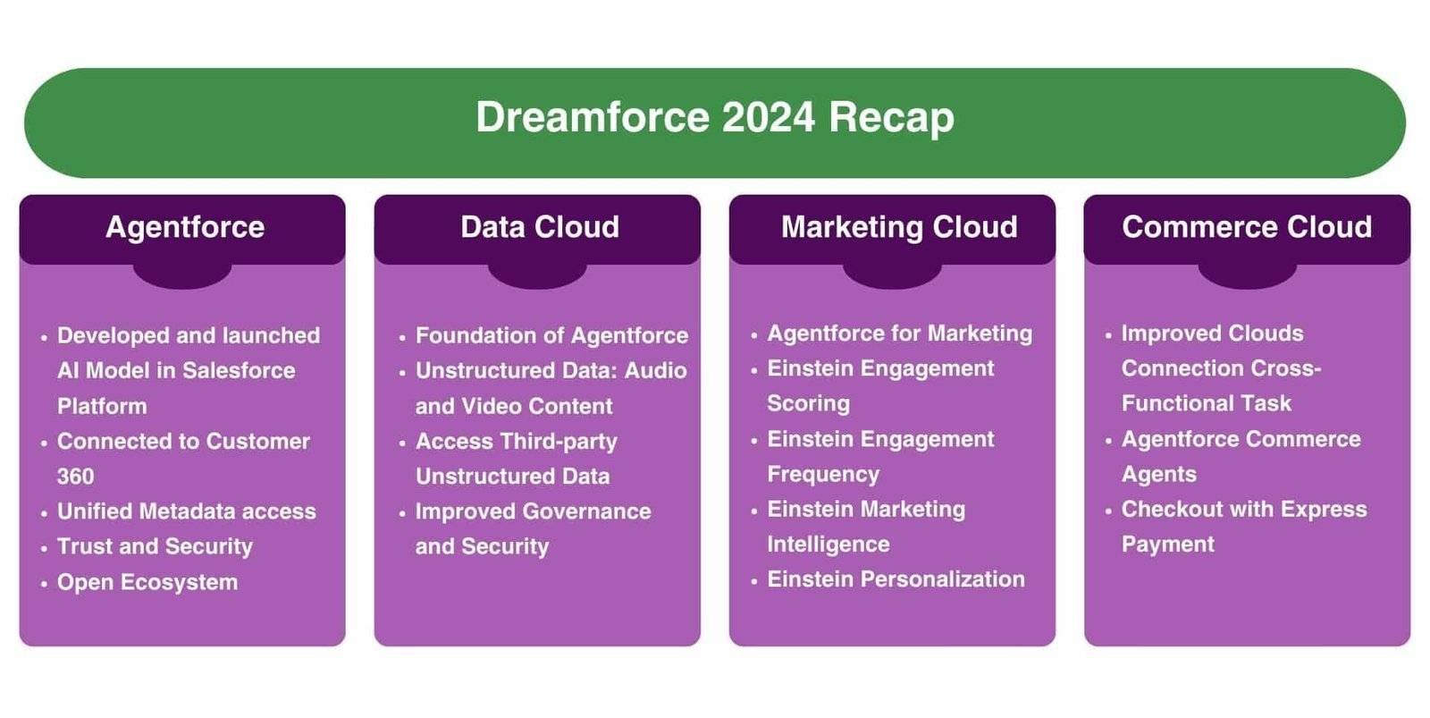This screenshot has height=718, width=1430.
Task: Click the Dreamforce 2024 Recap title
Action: point(715,117)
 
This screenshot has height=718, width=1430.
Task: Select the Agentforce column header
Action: point(185,227)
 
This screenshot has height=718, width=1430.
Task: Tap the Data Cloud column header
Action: point(539,227)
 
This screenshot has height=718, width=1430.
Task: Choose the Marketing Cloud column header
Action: point(899,227)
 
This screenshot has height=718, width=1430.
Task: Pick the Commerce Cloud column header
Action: point(1247,227)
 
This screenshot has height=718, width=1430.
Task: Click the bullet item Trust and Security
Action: point(155,546)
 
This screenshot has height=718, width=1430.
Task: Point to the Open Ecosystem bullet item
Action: point(147,582)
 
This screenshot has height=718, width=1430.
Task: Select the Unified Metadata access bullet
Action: point(186,511)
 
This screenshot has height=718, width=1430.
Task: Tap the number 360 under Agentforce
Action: point(75,477)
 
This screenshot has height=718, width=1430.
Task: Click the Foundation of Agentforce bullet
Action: point(551,335)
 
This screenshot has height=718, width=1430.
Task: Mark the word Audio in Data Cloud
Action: point(655,370)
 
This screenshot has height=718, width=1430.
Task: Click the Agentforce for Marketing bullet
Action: point(899,334)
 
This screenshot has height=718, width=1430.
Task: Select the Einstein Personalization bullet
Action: point(896,579)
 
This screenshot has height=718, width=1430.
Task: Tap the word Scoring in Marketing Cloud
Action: point(808,403)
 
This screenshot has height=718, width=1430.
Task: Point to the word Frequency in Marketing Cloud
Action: point(823,474)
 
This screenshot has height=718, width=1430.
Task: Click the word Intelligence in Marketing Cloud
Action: point(828,545)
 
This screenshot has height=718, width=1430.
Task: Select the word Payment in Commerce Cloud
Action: point(1167,545)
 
